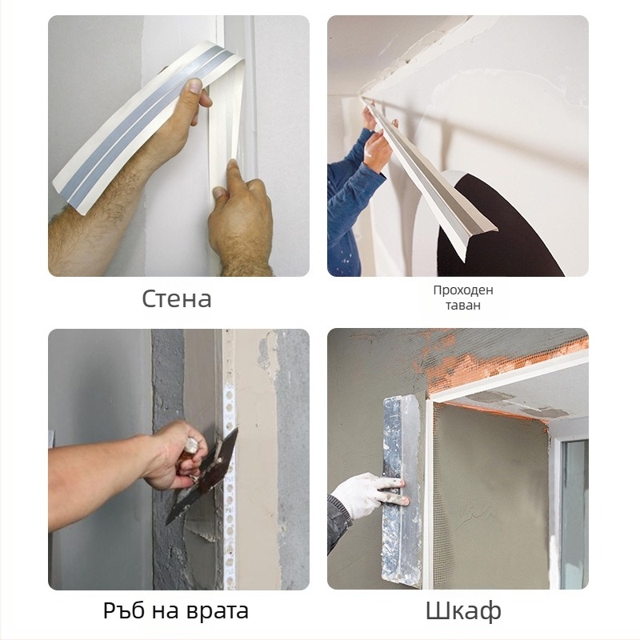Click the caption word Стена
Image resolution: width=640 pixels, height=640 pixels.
click(177, 298)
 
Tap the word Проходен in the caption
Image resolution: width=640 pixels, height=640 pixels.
click(463, 290)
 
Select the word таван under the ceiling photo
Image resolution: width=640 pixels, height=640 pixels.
click(463, 306)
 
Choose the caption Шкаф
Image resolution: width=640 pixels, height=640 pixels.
click(463, 611)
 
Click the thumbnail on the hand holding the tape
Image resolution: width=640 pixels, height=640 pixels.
click(195, 86)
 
